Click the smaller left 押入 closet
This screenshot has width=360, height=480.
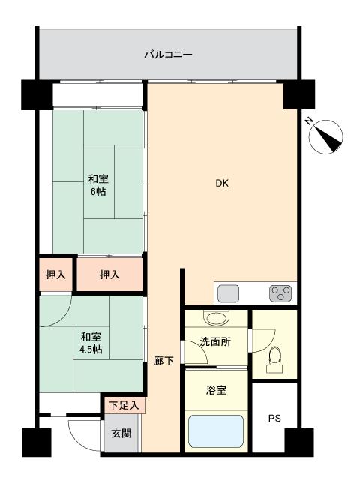click(56, 275)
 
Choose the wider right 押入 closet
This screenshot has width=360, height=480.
click(109, 275)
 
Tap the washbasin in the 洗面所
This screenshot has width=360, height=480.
click(217, 318)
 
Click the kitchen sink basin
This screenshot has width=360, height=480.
click(228, 293)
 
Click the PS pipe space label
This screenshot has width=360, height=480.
click(274, 418)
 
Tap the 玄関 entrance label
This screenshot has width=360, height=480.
click(121, 433)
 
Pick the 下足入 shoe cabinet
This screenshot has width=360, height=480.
click(124, 406)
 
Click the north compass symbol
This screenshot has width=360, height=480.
click(328, 138)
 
